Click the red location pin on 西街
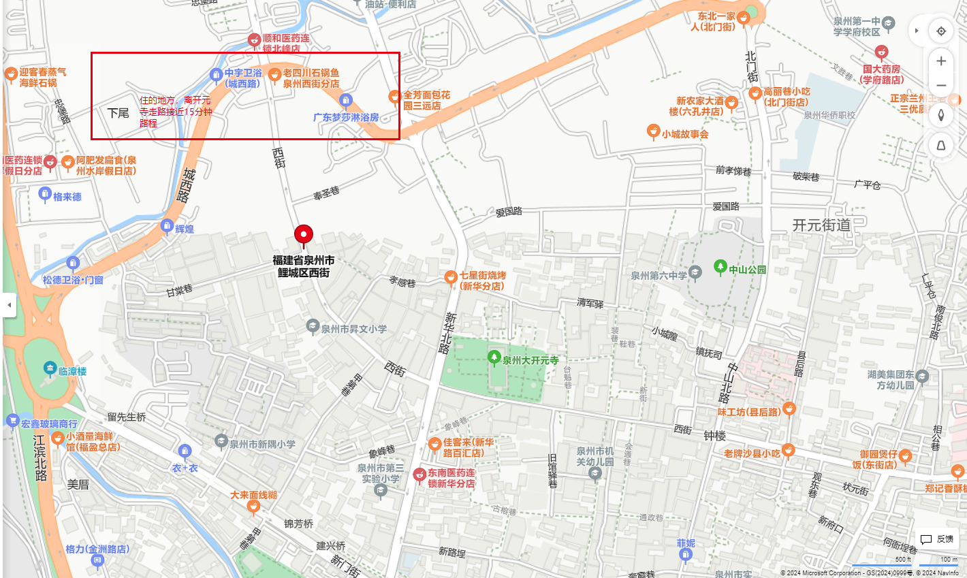(x=304, y=235)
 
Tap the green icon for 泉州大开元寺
(x=494, y=357)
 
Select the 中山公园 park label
(x=747, y=270)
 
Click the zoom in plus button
(x=941, y=61)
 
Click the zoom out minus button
(x=941, y=86)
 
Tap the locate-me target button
(x=941, y=31)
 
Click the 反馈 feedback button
(x=937, y=539)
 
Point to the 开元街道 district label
(x=821, y=225)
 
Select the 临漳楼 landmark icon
(x=50, y=368)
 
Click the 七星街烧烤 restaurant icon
(x=450, y=276)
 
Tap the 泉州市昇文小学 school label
(x=353, y=329)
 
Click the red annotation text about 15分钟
(x=176, y=112)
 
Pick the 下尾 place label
(x=118, y=113)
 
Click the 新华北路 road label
(x=448, y=333)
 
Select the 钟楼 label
(x=714, y=436)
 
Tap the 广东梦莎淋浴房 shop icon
(x=346, y=101)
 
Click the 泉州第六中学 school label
(x=659, y=276)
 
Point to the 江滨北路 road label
(x=40, y=457)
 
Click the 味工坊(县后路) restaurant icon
(x=789, y=408)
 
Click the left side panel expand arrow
(x=9, y=305)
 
